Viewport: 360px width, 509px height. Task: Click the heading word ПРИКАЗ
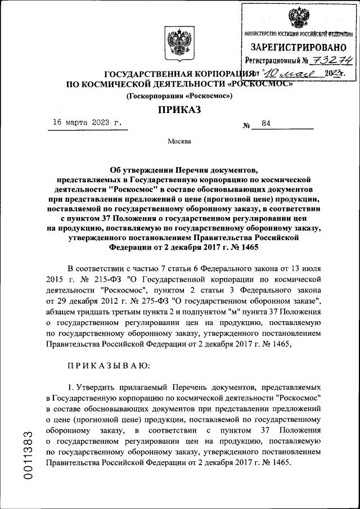[179, 110]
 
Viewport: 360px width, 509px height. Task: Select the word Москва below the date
[179, 141]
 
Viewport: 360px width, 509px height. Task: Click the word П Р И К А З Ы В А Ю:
[108, 366]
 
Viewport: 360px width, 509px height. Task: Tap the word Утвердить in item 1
[96, 388]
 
